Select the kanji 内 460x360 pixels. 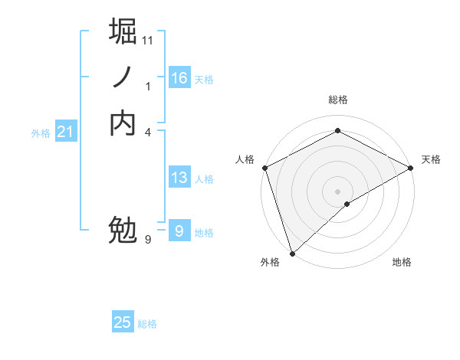point(123,123)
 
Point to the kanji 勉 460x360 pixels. point(123,230)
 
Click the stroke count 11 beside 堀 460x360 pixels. point(148,39)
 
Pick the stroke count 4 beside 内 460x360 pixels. point(148,131)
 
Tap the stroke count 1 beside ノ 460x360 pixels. point(148,86)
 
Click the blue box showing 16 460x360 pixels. point(179,78)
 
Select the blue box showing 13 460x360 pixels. point(179,178)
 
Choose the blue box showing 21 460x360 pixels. point(66,132)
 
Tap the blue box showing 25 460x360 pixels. point(123,322)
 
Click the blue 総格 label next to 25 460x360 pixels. point(147,324)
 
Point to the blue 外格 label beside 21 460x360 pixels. point(41,133)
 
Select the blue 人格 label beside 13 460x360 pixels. point(204,179)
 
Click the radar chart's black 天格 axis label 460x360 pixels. point(431,159)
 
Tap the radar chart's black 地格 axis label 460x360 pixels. point(402,263)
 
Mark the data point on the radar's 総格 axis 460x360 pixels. point(337,131)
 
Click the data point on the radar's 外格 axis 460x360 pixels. point(292,253)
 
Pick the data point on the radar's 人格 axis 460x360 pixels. point(264,168)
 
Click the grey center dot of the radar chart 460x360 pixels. point(337,191)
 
